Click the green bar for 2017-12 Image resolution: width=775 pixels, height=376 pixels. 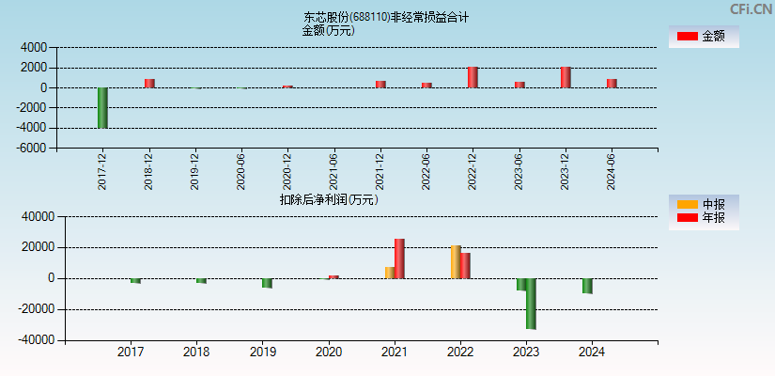[x=102, y=107]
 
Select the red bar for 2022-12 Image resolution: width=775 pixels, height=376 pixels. [x=473, y=77]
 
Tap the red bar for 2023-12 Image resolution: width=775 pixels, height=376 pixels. [x=566, y=77]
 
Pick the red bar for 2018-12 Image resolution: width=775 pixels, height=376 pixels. [x=149, y=83]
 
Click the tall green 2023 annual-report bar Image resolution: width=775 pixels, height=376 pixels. [x=531, y=303]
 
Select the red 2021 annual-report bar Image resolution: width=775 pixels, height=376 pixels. [x=399, y=258]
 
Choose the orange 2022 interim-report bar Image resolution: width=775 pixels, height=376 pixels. [x=456, y=262]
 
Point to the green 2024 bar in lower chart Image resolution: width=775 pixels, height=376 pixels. [x=587, y=286]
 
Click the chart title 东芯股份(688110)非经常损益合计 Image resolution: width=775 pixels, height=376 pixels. [x=386, y=17]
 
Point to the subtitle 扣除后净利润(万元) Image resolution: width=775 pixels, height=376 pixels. [x=329, y=199]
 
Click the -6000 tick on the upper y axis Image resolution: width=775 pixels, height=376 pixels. [x=32, y=149]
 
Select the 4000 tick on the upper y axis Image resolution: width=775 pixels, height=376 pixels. [x=34, y=47]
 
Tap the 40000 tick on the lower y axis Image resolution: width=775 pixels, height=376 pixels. [x=39, y=217]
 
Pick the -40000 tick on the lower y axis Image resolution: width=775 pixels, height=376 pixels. [x=37, y=340]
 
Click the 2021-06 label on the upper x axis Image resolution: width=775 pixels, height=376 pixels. [x=334, y=171]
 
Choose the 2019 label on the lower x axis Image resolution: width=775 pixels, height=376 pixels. [x=263, y=352]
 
